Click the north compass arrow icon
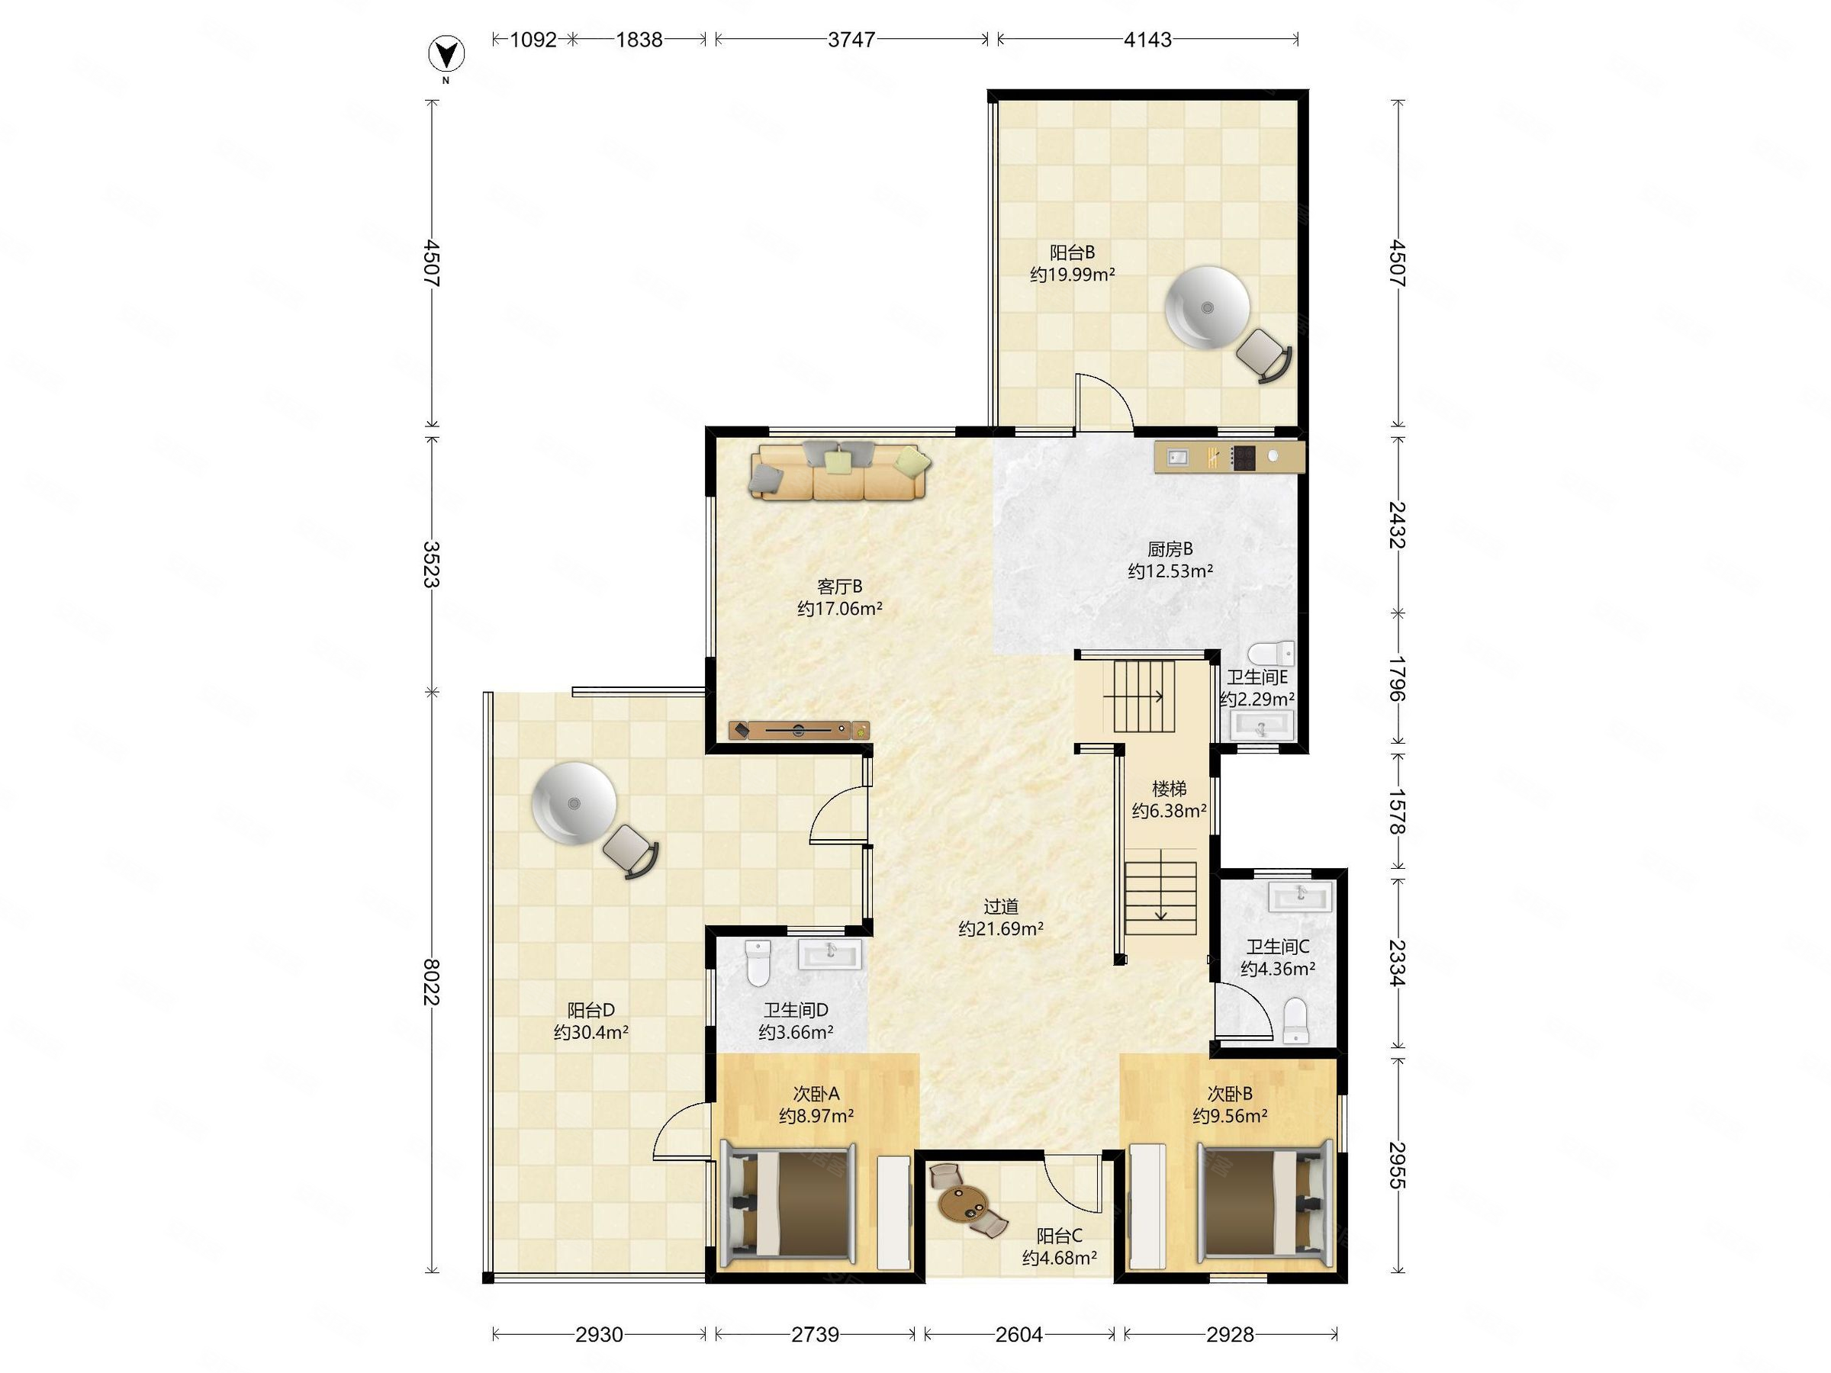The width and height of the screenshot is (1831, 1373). pos(446,55)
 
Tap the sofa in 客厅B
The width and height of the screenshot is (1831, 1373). pos(840,471)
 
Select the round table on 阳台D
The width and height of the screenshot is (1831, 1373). pos(574,802)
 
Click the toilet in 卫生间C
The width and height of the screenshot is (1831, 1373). pos(1295,1020)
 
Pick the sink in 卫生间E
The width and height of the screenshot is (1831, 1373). pos(1262,726)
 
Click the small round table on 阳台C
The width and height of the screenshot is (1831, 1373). pos(963,1204)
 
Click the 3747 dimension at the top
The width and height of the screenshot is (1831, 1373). pos(851,40)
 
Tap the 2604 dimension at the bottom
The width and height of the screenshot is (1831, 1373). pos(1019,1334)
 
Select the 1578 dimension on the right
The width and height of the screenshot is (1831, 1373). pos(1397,811)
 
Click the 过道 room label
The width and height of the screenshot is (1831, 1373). pos(1000,906)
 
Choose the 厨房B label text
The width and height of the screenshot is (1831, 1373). pos(1170,548)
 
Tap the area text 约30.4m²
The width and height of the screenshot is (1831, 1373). pos(591,1032)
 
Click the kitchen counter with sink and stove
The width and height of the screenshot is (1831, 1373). pos(1229,457)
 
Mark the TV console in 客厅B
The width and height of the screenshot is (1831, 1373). pos(799,730)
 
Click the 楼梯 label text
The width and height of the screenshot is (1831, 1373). pos(1169,789)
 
